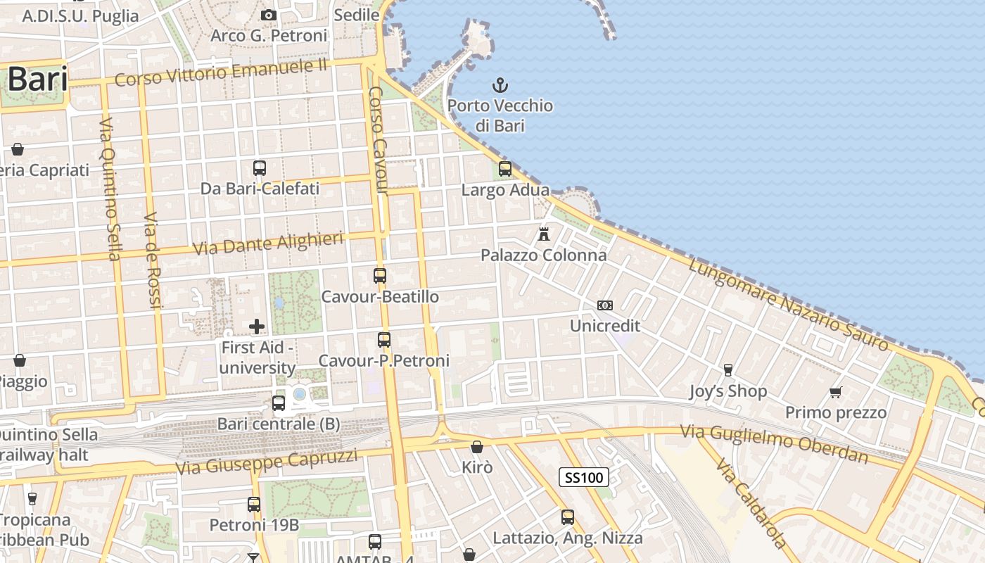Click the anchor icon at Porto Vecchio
(500, 86)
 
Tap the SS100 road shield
(584, 478)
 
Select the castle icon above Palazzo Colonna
(544, 234)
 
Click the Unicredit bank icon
(604, 305)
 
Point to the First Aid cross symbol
(257, 326)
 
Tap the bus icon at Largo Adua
(504, 169)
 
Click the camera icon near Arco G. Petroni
(268, 15)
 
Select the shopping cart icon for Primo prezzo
(835, 392)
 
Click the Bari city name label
(38, 80)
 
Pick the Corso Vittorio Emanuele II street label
(221, 72)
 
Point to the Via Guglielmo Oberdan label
(774, 443)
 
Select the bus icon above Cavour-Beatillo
(380, 276)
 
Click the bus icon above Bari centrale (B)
(279, 403)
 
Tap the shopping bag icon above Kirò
(477, 447)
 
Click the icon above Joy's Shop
(727, 370)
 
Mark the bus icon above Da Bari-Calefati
(260, 168)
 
